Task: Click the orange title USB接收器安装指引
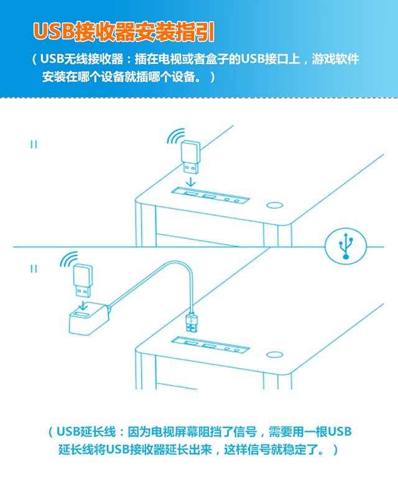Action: tap(124, 32)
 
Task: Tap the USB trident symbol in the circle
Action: tap(346, 245)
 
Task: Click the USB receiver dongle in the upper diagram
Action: tap(190, 157)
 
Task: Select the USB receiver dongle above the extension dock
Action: tap(83, 280)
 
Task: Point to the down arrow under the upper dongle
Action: tap(191, 182)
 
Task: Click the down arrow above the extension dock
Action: tap(83, 305)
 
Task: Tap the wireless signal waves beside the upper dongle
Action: tap(175, 136)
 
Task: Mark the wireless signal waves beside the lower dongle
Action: tap(68, 259)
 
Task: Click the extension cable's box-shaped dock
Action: tap(89, 319)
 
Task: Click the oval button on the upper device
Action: tap(274, 205)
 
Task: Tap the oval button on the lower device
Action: tap(274, 354)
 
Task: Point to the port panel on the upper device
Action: tap(210, 195)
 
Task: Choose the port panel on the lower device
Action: tap(210, 345)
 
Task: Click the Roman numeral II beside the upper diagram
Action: tap(34, 145)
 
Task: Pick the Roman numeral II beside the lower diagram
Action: tap(34, 269)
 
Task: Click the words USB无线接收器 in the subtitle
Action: tap(82, 59)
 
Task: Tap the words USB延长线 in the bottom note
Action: tap(86, 432)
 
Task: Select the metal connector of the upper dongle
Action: tap(191, 168)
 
